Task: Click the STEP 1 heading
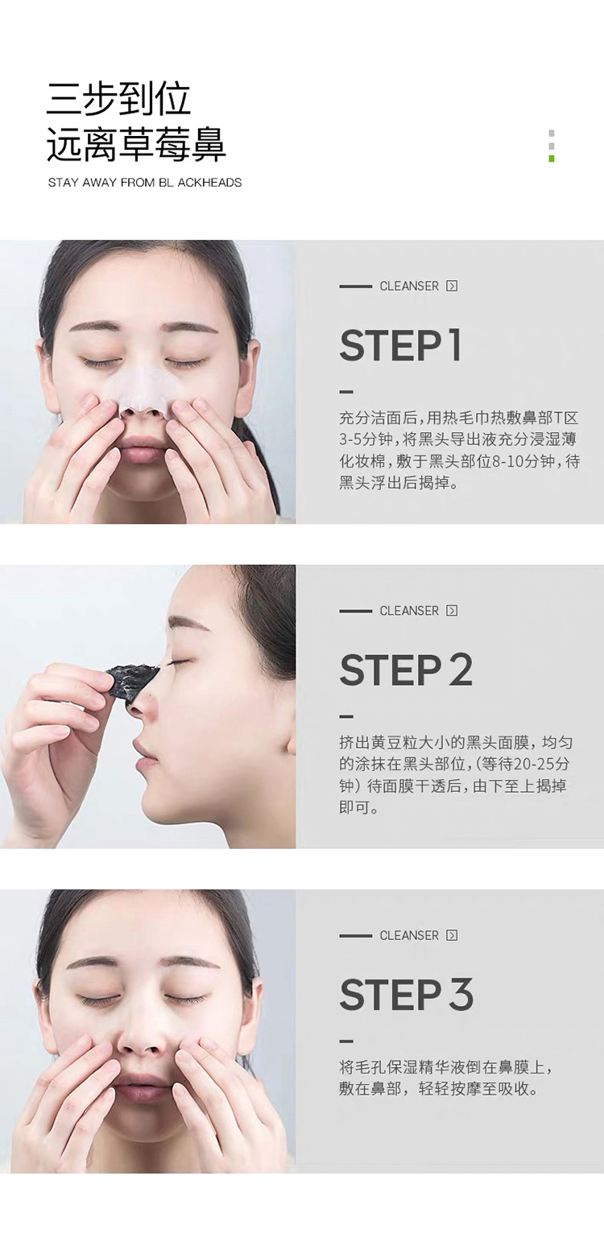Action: click(x=400, y=346)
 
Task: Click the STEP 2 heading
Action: click(x=406, y=670)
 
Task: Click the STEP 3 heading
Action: click(x=407, y=995)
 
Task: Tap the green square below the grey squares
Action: click(x=552, y=159)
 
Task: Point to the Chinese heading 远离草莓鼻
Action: click(x=136, y=145)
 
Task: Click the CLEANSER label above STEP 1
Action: click(x=409, y=286)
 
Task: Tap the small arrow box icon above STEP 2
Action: click(x=452, y=611)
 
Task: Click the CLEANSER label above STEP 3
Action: click(x=409, y=935)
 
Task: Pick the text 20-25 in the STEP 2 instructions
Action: click(x=533, y=764)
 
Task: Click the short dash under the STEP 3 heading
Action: click(x=346, y=1041)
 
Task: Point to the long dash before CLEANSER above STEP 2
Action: click(x=355, y=611)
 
